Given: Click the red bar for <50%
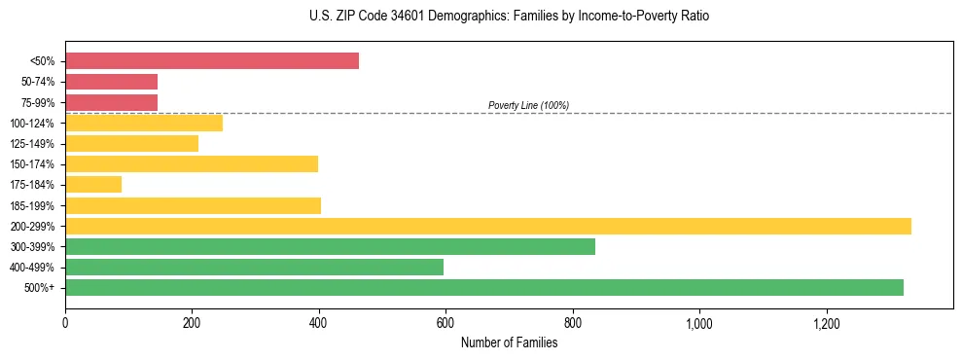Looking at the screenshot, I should pyautogui.click(x=211, y=61).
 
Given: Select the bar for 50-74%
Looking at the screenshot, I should pyautogui.click(x=111, y=82).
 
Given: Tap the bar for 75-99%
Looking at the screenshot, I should pyautogui.click(x=111, y=102).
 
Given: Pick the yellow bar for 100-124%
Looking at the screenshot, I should pyautogui.click(x=144, y=123).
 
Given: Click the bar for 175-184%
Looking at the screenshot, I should pyautogui.click(x=93, y=184).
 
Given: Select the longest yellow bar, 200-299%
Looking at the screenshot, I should pyautogui.click(x=487, y=226).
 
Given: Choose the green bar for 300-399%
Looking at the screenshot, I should pyautogui.click(x=330, y=246).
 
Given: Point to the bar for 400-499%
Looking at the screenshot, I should pyautogui.click(x=254, y=267).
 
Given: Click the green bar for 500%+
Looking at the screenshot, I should pyautogui.click(x=483, y=287).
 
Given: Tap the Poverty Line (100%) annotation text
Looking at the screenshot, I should pyautogui.click(x=528, y=105).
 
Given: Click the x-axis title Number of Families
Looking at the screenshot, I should pyautogui.click(x=509, y=342).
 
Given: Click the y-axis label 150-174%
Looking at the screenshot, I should pyautogui.click(x=32, y=164).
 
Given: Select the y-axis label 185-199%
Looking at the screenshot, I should pyautogui.click(x=32, y=205).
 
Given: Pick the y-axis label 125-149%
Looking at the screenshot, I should pyautogui.click(x=32, y=144).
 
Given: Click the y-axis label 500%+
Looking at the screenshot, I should pyautogui.click(x=40, y=288).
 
